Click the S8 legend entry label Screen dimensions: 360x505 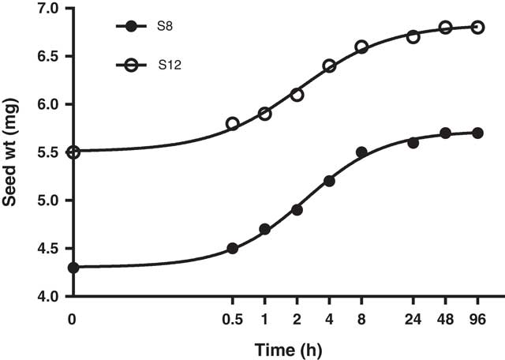point(164,27)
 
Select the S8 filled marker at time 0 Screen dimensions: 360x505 point(73,268)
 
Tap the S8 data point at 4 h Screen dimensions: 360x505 point(329,181)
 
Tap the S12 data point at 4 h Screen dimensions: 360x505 point(329,66)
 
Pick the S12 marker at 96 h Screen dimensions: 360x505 point(477,27)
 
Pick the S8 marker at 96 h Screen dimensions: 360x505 point(477,133)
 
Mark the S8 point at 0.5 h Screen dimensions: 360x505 point(233,248)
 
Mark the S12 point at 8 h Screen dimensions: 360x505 point(361,47)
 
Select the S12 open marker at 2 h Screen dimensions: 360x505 point(297,94)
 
